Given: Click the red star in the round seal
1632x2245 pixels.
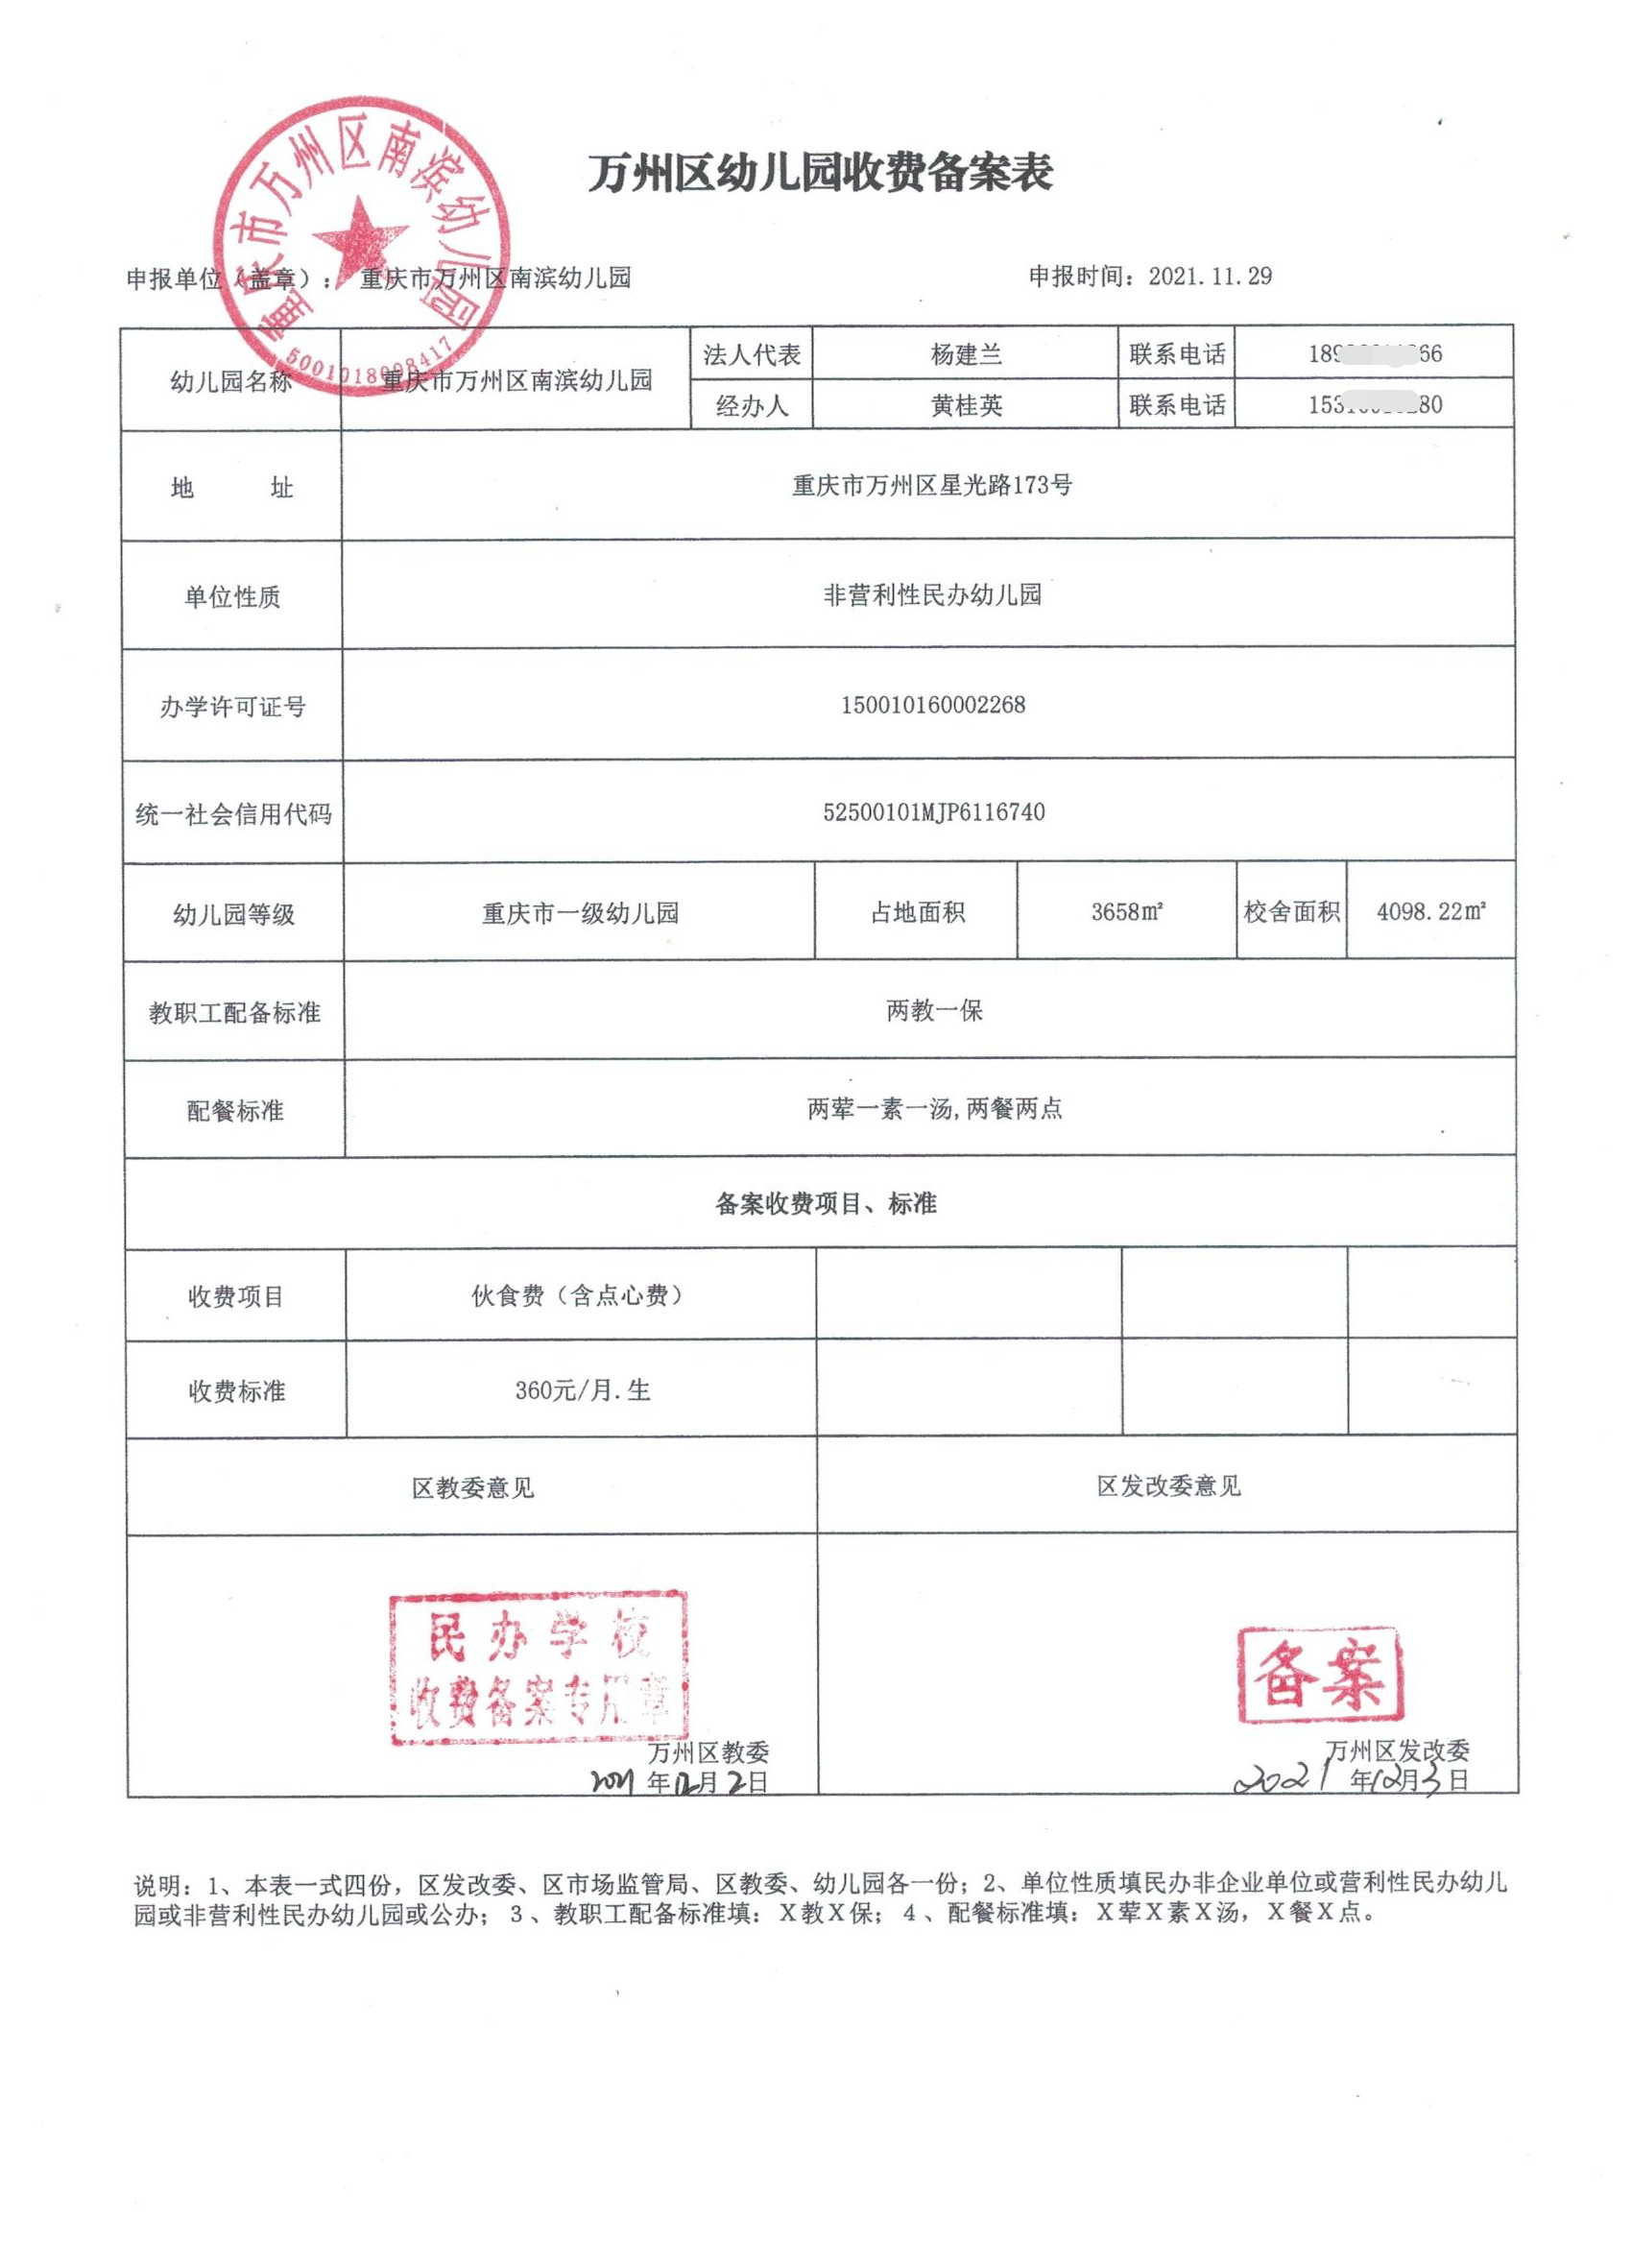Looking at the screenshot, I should pyautogui.click(x=359, y=238).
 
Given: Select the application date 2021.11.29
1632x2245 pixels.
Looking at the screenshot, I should pyautogui.click(x=1210, y=277).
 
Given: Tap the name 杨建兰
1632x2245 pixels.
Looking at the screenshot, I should pyautogui.click(x=966, y=354).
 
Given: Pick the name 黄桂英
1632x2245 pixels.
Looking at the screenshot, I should pyautogui.click(x=966, y=405).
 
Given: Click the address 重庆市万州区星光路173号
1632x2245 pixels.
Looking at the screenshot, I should pyautogui.click(x=931, y=486).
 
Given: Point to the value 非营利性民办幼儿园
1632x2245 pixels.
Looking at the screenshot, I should pyautogui.click(x=932, y=595).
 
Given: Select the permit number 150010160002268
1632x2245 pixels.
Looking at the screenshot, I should pyautogui.click(x=932, y=705).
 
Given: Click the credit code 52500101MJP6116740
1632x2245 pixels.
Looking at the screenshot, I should pyautogui.click(x=933, y=812).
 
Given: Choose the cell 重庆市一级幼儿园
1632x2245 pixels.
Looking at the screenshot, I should pyautogui.click(x=580, y=912).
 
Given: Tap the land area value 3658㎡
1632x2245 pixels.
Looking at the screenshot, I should pyautogui.click(x=1126, y=911).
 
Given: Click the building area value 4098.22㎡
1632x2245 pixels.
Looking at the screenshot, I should pyautogui.click(x=1430, y=911).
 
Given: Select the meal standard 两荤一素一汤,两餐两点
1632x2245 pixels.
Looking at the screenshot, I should pyautogui.click(x=934, y=1109).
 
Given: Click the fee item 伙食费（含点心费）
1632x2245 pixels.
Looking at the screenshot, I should pyautogui.click(x=578, y=1295).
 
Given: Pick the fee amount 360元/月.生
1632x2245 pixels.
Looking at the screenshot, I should pyautogui.click(x=582, y=1390).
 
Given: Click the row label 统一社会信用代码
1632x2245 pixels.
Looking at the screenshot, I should pyautogui.click(x=233, y=814).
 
